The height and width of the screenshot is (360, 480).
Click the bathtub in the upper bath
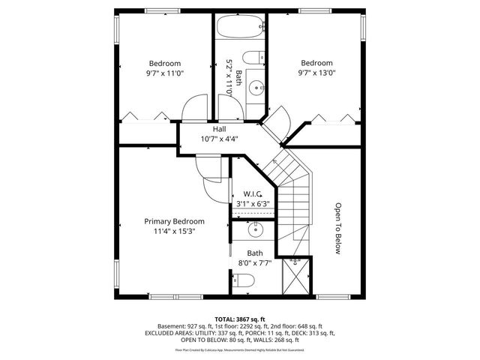(x=240, y=29)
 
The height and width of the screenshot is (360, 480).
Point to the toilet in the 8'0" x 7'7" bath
(x=245, y=280)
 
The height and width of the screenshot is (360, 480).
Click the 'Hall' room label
(x=219, y=129)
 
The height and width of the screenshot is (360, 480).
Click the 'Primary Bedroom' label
(x=174, y=221)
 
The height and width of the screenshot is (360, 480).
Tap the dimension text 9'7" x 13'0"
(x=316, y=73)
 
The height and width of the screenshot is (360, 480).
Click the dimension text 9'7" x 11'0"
(x=164, y=73)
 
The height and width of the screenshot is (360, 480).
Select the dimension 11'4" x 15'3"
(x=174, y=232)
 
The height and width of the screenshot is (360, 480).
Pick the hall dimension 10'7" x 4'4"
(x=219, y=139)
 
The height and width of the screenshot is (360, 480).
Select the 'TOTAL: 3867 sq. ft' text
(x=240, y=319)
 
